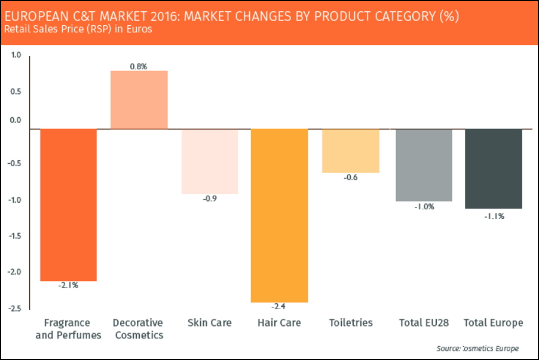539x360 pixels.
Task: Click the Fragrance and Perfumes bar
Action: point(68,205)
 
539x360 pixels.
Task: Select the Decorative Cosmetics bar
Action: point(139,100)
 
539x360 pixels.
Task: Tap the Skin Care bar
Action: point(210,161)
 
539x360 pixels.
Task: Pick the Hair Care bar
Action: point(279,215)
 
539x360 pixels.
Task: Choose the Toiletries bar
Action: point(351,151)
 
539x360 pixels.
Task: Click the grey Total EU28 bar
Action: point(424,165)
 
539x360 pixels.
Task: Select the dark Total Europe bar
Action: point(494,169)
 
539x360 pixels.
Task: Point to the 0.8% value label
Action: point(139,66)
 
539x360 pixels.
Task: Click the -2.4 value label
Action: point(279,307)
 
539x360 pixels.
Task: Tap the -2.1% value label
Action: point(68,285)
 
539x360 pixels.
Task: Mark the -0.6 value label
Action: point(351,177)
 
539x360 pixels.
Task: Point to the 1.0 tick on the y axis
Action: point(16,55)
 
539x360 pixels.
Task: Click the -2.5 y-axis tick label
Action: point(15,309)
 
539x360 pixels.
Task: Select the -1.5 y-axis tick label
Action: point(15,236)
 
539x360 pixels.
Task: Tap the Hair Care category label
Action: point(279,323)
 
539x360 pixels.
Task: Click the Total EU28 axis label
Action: point(424,323)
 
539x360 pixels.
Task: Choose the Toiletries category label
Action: point(351,323)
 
